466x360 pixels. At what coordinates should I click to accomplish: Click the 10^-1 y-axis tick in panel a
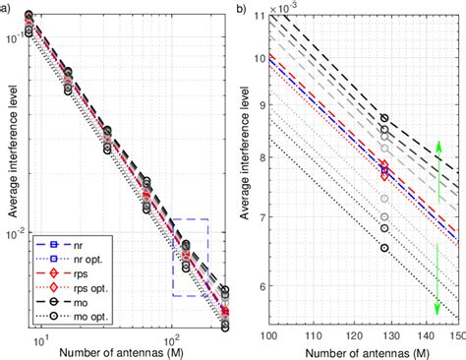pos(17,38)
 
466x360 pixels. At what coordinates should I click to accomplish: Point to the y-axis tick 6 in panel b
pos(258,286)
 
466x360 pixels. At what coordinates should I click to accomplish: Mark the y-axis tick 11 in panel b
pos(256,17)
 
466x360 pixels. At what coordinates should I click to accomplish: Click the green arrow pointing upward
pos(438,153)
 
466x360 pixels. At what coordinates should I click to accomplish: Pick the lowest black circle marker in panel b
pos(384,247)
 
